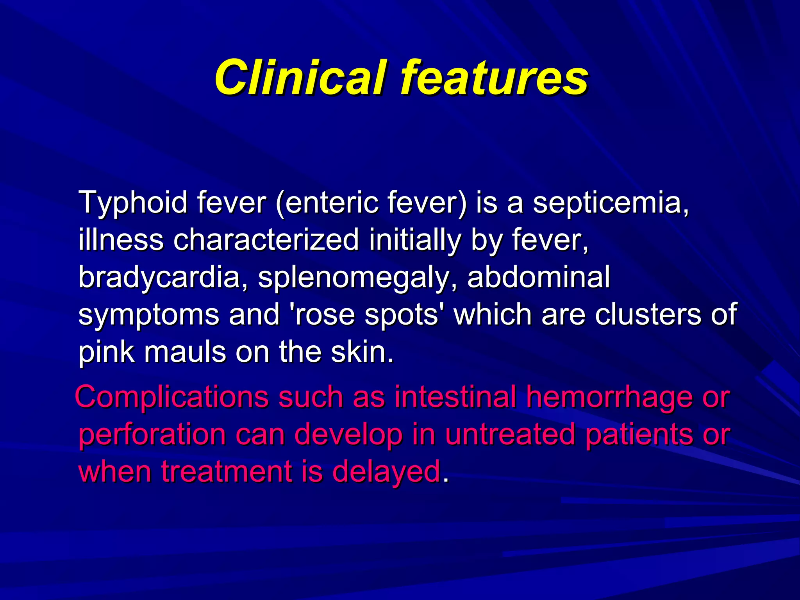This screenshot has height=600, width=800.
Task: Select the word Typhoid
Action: click(133, 203)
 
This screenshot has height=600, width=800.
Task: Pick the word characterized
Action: click(266, 240)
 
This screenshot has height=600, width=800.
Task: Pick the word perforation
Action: click(152, 434)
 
